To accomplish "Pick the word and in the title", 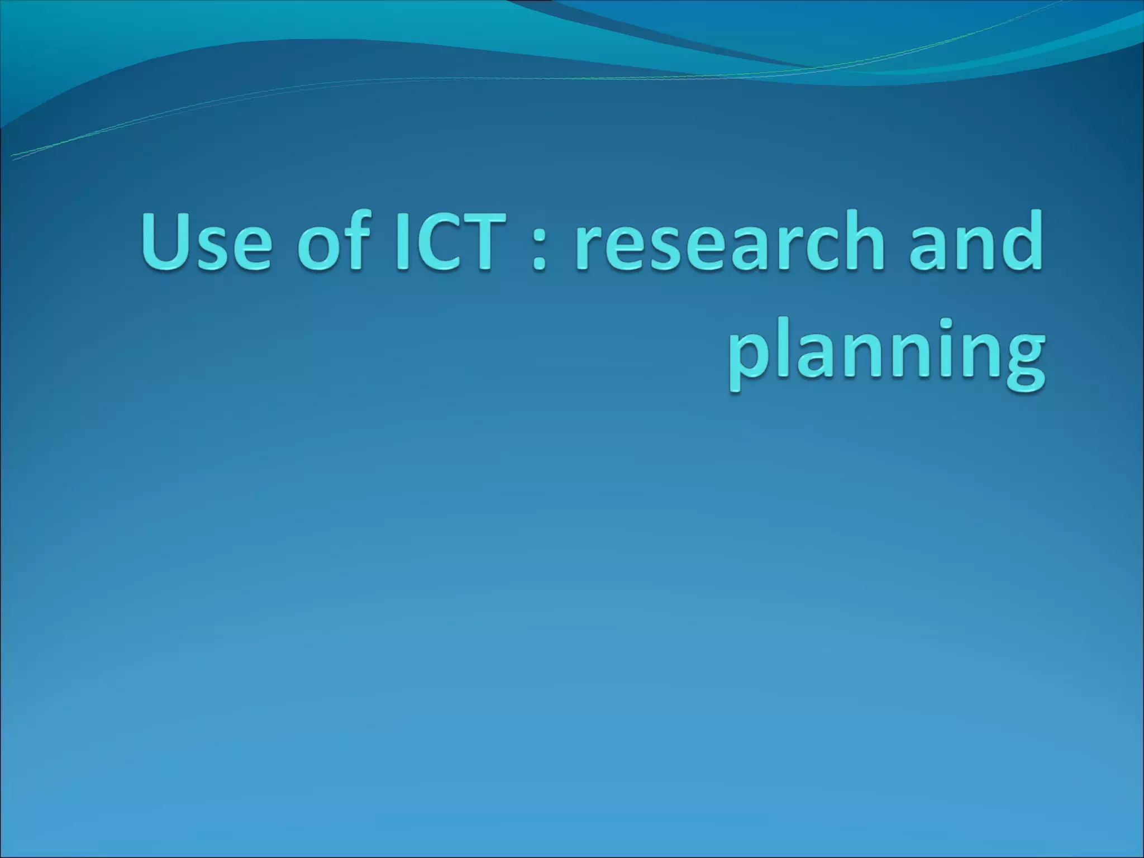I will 975,241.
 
